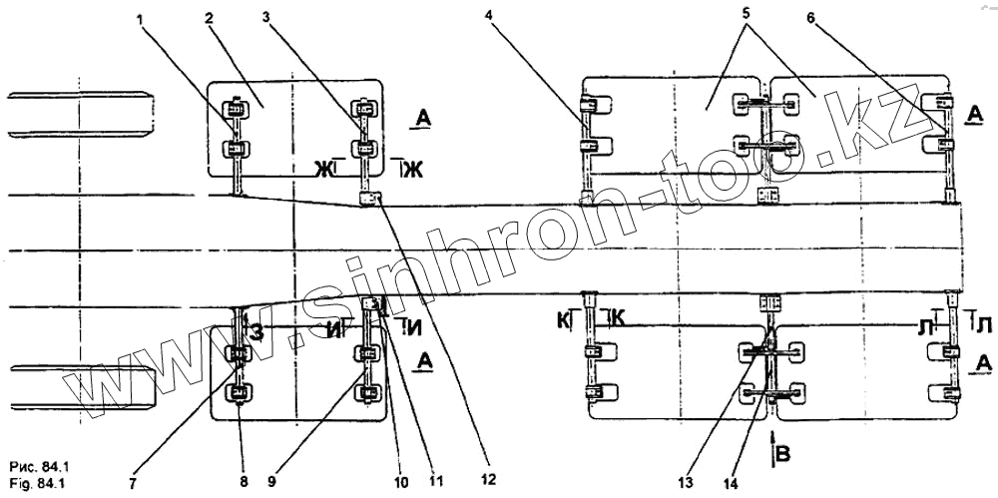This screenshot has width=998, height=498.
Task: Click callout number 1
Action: pos(140,18)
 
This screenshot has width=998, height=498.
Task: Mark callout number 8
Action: pos(244,479)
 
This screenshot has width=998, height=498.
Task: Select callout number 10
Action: pos(402,481)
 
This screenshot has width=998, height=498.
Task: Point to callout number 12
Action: pos(488,479)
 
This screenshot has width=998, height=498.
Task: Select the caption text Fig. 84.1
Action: pos(36,483)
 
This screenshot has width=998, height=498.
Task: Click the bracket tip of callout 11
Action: pos(371,303)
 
